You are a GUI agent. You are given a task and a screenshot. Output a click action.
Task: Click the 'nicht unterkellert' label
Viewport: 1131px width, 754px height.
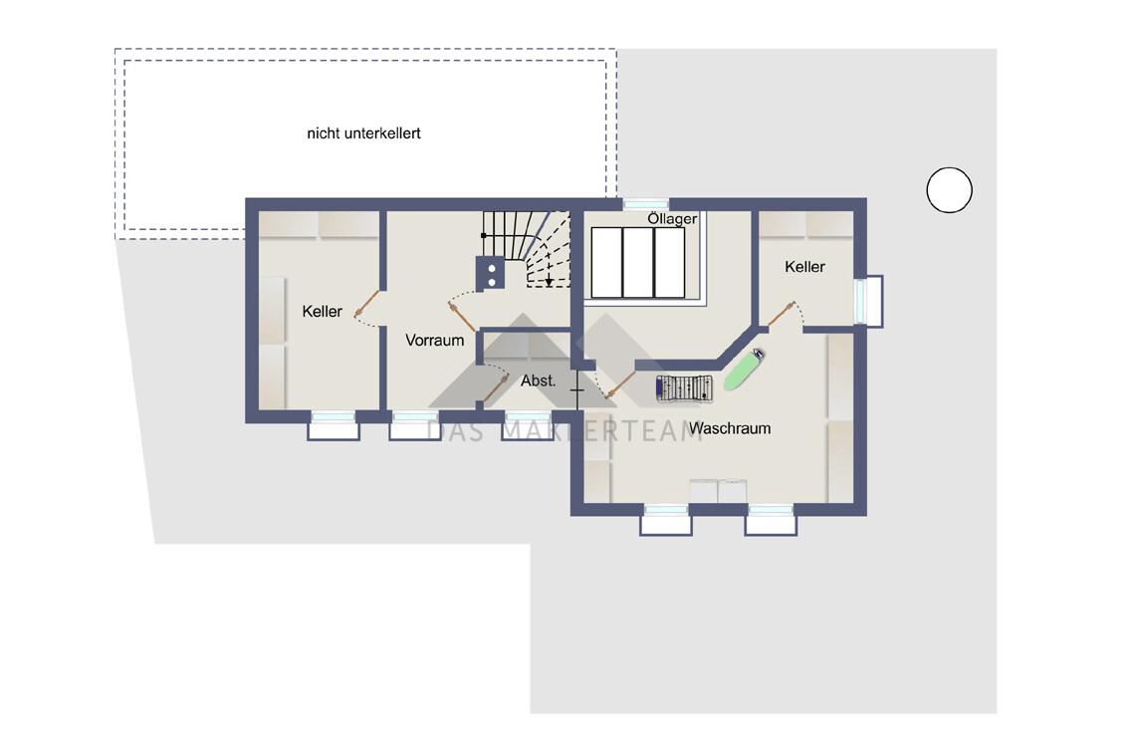363,133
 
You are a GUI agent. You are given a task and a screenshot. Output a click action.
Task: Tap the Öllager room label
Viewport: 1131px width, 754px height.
672,218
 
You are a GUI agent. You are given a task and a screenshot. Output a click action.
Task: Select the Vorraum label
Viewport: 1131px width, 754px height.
434,340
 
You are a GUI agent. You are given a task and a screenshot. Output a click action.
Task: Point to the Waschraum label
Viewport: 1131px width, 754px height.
729,428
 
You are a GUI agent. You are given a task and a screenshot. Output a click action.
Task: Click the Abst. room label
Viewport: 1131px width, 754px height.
538,380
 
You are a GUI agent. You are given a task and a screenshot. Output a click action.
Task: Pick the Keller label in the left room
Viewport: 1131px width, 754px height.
322,312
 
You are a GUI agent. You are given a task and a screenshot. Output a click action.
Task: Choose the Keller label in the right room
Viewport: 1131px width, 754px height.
804,267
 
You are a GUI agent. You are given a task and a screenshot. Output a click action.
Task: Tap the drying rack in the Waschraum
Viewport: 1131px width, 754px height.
684,388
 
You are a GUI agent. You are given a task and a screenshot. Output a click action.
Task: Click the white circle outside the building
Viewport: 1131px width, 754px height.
949,190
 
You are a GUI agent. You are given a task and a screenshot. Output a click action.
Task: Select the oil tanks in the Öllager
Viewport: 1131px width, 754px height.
637,263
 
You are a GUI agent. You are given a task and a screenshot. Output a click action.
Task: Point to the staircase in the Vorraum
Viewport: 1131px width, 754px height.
528,248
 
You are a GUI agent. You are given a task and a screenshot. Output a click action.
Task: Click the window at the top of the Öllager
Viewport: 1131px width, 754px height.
645,204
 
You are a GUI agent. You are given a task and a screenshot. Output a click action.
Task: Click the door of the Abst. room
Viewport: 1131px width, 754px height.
496,386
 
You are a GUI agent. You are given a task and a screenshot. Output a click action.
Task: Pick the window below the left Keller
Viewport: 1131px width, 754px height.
334,425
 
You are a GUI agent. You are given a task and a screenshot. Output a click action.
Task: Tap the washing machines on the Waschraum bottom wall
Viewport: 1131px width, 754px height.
718,491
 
